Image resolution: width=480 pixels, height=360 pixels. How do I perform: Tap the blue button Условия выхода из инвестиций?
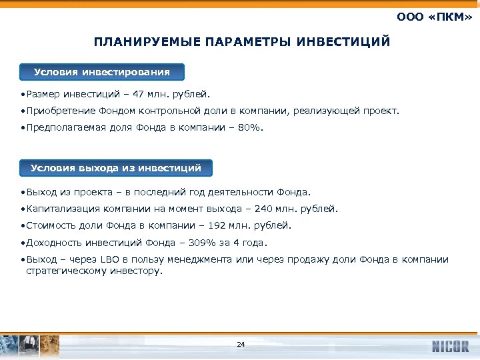[116, 168]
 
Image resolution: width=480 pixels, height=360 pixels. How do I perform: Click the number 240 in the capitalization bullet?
[254, 209]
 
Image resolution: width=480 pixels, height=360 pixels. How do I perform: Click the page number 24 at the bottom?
[241, 345]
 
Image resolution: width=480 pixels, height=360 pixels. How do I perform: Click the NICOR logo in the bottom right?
[450, 346]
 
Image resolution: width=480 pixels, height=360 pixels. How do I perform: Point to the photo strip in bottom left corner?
[30, 345]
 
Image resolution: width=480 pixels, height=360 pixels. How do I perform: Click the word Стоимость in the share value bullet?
[48, 225]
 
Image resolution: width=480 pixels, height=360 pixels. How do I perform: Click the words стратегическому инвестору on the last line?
[93, 271]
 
